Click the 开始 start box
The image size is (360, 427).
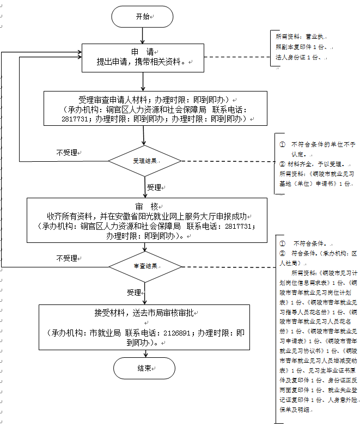[142, 17]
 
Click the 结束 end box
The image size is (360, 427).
[144, 369]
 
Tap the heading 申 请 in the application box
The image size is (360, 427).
[143, 52]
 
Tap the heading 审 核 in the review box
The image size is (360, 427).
[146, 207]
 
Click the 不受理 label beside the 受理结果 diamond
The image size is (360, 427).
[68, 153]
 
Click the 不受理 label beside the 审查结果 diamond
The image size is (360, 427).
[68, 258]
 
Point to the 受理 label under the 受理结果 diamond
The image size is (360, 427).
[155, 187]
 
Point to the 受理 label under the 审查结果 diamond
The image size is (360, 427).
[135, 292]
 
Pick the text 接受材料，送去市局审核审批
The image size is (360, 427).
[144, 313]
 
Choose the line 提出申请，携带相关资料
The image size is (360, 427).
[143, 62]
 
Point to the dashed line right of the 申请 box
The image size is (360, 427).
[237, 57]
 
